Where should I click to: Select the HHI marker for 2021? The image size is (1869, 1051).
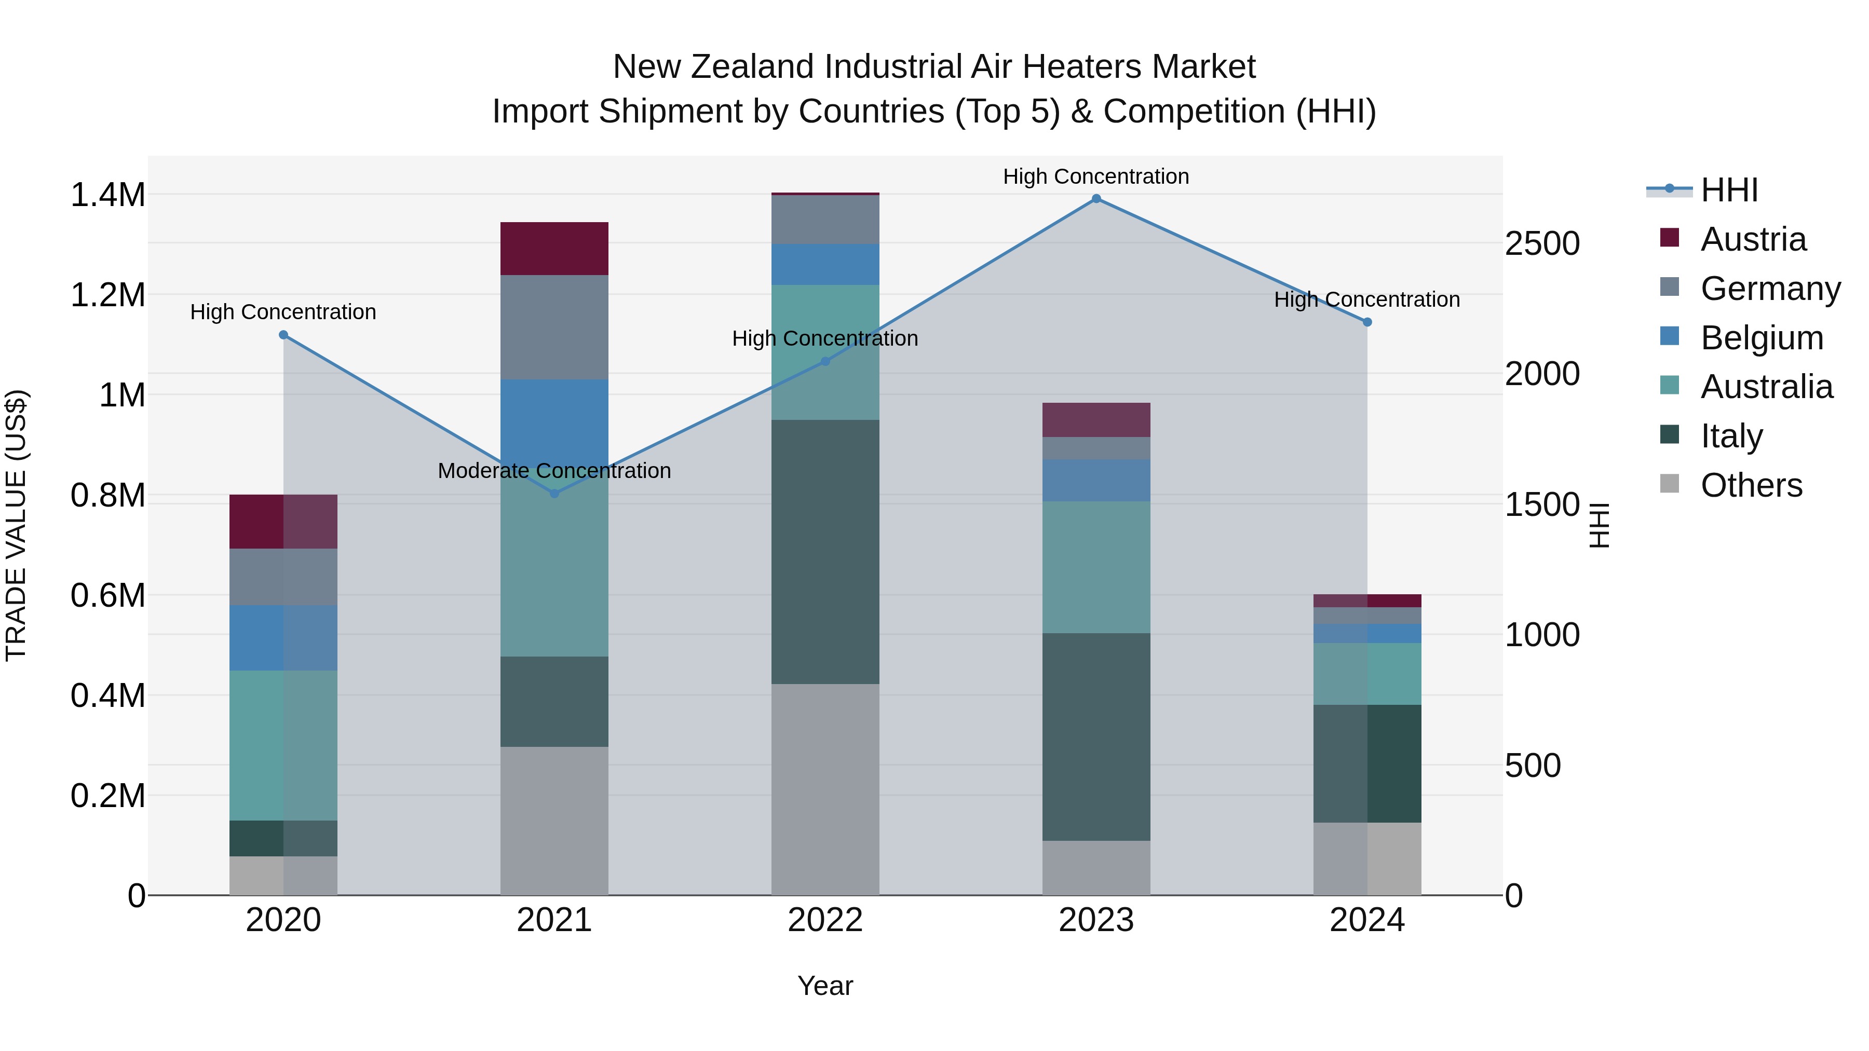point(554,493)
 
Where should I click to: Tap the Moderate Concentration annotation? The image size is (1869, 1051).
point(554,471)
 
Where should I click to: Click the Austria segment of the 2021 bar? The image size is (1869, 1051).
point(554,249)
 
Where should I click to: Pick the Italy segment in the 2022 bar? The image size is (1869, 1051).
point(825,551)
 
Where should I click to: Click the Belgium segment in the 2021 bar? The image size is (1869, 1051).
point(554,421)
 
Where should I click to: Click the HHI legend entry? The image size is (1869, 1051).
point(1728,190)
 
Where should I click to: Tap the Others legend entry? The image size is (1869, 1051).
point(1750,485)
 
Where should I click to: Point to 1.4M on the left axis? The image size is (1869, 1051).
point(107,195)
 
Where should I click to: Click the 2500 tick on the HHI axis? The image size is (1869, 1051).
point(1542,244)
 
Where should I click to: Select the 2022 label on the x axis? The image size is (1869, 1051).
point(825,920)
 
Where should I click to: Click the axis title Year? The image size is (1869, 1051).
point(825,986)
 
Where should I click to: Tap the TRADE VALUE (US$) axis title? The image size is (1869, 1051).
point(16,525)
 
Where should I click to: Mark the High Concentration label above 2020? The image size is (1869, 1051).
point(283,312)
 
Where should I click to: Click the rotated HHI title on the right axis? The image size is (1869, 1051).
point(1599,525)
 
